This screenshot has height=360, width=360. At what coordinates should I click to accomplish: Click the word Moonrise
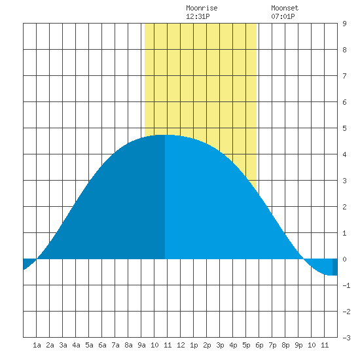point(202,8)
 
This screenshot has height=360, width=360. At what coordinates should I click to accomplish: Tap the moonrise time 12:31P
point(198,16)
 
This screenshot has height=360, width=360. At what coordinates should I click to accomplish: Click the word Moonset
point(285,8)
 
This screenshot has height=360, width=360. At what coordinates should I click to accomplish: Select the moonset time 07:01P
point(283,16)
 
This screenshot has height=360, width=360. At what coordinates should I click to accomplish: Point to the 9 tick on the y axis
point(344,24)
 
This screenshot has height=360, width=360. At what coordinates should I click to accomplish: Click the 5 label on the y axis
point(344,128)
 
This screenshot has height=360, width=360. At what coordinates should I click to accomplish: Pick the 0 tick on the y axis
point(344,259)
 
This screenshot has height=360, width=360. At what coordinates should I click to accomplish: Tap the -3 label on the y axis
point(346,338)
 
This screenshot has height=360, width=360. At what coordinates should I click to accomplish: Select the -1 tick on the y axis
point(346,285)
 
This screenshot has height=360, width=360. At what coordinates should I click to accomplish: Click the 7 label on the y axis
point(344,76)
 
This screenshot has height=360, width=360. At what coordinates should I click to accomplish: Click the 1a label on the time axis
point(37,345)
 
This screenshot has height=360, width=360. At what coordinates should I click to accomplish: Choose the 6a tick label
point(102,345)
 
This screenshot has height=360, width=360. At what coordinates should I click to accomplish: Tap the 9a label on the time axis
point(141,345)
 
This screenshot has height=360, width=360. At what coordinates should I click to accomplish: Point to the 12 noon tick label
point(181,345)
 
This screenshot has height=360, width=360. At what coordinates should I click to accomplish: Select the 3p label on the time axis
point(220,345)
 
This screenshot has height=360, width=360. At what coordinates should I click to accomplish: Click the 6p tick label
point(259,345)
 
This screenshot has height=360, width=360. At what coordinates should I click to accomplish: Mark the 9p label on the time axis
point(298,345)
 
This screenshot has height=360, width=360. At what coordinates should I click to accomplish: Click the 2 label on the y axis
point(344,207)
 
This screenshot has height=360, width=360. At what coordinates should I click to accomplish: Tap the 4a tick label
point(76,345)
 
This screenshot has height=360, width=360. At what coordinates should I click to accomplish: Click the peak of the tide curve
point(165,135)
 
